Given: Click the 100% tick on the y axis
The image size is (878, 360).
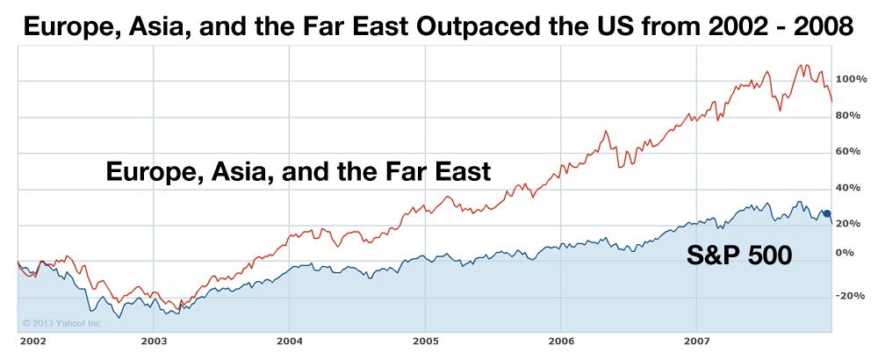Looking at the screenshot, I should [x=851, y=79].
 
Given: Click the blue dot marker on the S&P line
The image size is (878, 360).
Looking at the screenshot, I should [x=826, y=213].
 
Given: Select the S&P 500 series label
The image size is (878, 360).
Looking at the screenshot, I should [x=739, y=256].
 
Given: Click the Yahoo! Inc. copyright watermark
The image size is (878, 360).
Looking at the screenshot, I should [x=62, y=323].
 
